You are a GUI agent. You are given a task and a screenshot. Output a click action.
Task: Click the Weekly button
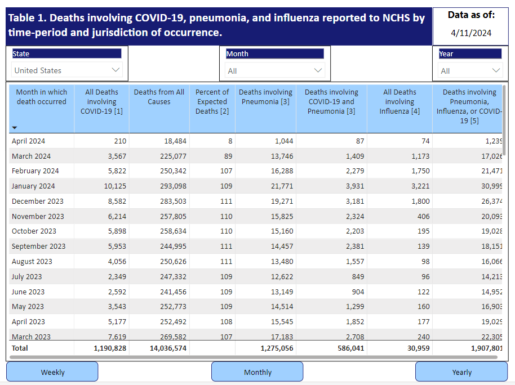pyautogui.click(x=52, y=371)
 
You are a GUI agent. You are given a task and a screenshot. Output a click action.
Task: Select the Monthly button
pyautogui.click(x=257, y=371)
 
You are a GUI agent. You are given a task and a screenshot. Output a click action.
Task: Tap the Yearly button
pyautogui.click(x=461, y=371)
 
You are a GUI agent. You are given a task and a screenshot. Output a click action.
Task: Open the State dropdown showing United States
pyautogui.click(x=67, y=70)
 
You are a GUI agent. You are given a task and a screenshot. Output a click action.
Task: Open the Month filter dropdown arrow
pyautogui.click(x=318, y=70)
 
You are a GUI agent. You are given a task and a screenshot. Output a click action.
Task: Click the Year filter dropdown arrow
pyautogui.click(x=496, y=70)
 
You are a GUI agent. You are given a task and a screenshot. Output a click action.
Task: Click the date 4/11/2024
pyautogui.click(x=471, y=33)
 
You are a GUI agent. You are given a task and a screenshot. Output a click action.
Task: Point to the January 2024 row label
pyautogui.click(x=33, y=186)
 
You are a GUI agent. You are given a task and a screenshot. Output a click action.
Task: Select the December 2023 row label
pyautogui.click(x=37, y=201)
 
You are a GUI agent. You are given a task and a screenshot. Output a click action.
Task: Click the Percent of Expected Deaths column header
pyautogui.click(x=212, y=101)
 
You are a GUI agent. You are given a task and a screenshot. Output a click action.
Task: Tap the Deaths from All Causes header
pyautogui.click(x=159, y=97)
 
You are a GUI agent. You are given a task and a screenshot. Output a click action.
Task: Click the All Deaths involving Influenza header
pyautogui.click(x=399, y=101)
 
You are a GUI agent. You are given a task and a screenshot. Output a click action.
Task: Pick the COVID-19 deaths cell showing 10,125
pyautogui.click(x=115, y=186)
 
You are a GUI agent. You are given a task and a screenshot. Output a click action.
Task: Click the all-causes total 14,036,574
pyautogui.click(x=168, y=348)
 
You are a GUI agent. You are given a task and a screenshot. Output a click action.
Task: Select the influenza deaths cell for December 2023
pyautogui.click(x=420, y=201)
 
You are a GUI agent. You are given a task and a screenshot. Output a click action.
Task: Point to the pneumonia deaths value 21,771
pyautogui.click(x=282, y=186)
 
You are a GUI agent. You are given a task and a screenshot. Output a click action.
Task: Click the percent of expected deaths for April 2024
pyautogui.click(x=230, y=141)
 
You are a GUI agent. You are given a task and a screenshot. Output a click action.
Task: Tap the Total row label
pyautogui.click(x=20, y=348)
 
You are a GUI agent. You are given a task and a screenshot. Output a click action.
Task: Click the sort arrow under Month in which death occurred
pyautogui.click(x=15, y=127)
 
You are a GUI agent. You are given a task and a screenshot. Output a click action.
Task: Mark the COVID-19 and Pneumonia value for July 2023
pyautogui.click(x=358, y=277)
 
